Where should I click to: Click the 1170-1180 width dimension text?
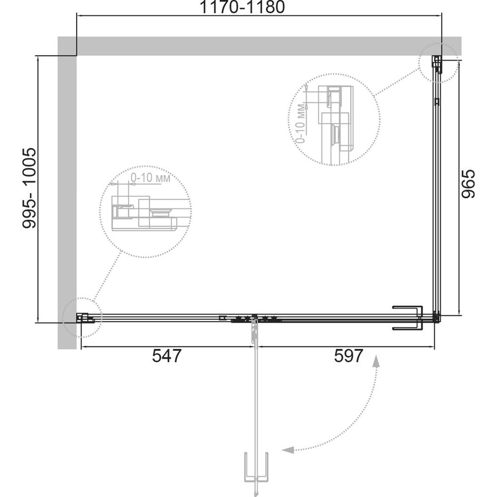[x=242, y=7]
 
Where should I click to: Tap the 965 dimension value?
[x=468, y=184]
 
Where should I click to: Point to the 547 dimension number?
[x=166, y=356]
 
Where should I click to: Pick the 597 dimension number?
[x=348, y=356]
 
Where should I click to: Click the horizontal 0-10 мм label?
[x=151, y=178]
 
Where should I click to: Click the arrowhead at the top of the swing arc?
[x=376, y=361]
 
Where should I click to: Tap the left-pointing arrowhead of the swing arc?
[x=288, y=449]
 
